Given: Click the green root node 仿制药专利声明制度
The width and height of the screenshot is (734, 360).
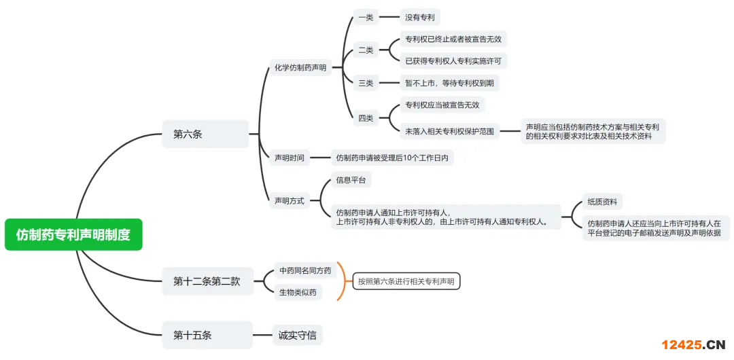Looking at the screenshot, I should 73,234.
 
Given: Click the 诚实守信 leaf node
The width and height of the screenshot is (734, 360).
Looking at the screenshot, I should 297,335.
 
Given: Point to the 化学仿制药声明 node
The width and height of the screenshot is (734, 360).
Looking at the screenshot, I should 300,67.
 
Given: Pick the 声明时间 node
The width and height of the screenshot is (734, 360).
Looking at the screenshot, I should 290,158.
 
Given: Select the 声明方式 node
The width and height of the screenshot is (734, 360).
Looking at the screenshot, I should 290,200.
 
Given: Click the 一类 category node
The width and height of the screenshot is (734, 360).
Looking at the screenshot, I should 366,17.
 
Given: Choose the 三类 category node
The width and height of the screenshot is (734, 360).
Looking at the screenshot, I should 366,83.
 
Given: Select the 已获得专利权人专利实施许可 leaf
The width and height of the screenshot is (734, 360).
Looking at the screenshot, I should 453,61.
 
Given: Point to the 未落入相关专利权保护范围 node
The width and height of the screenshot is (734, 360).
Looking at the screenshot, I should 449,131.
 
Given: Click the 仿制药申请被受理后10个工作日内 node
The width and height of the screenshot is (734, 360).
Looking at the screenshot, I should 392,158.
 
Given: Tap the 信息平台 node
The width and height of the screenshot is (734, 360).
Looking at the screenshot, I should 351,180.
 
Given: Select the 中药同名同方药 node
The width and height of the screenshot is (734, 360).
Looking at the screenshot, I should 305,270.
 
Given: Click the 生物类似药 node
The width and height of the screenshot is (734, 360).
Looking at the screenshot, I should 297,293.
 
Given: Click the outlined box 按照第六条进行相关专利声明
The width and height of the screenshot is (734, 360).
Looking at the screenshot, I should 406,281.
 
